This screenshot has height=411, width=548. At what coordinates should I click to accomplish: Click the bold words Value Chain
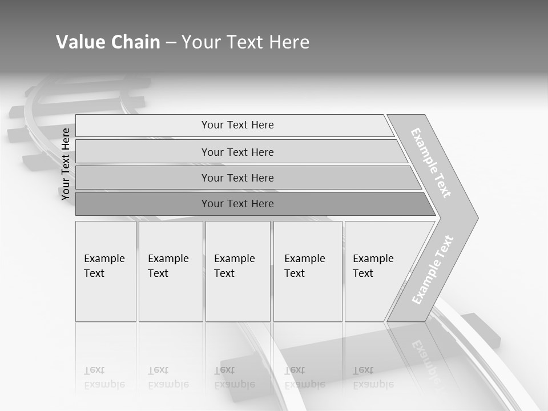tap(108, 42)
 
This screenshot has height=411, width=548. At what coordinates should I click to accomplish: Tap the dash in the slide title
tap(171, 43)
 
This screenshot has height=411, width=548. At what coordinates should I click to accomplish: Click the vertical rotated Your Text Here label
tap(66, 164)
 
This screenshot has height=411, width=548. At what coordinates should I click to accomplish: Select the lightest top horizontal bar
tap(237, 125)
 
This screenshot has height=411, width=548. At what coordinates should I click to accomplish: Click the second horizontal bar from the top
tap(237, 152)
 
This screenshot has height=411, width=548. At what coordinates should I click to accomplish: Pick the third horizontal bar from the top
tap(237, 178)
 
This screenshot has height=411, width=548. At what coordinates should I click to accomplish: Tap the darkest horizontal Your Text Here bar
tap(237, 204)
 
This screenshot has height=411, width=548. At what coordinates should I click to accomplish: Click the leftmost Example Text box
tap(106, 271)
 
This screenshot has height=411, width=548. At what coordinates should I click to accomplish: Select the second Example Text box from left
tap(170, 271)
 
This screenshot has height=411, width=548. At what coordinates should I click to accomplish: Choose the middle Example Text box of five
tap(237, 271)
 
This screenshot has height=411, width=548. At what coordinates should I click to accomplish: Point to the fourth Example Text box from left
tap(307, 271)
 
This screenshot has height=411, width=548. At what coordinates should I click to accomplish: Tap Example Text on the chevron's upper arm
tap(431, 163)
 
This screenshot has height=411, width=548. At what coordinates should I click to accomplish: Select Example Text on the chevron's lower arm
tap(433, 269)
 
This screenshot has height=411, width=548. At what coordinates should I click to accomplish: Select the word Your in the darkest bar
tap(212, 204)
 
